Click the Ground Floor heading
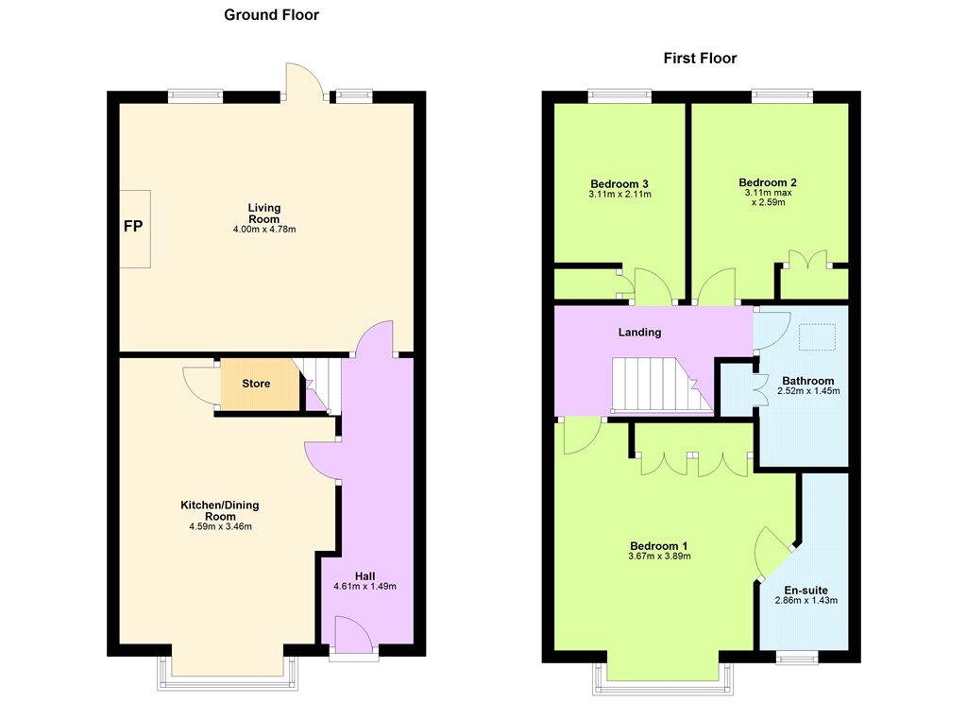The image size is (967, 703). (x=271, y=15)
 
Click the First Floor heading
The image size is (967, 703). (x=700, y=58)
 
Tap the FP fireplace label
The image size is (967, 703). (x=133, y=227)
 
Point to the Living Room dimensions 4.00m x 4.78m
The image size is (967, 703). (x=264, y=230)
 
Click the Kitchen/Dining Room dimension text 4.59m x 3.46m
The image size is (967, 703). (x=220, y=527)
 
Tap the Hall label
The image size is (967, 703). (x=365, y=576)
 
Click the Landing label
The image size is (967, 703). (x=639, y=332)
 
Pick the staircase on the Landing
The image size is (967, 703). (x=662, y=385)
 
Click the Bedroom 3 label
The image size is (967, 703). (x=619, y=184)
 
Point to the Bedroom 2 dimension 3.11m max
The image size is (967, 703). (x=768, y=193)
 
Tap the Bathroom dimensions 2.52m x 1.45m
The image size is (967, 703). (x=808, y=391)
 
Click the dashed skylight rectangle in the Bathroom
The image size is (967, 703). (x=818, y=337)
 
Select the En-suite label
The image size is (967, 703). (x=806, y=590)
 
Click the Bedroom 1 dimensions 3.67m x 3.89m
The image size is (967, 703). (x=659, y=557)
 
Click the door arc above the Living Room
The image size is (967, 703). (x=303, y=80)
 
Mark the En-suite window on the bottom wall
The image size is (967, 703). (x=797, y=657)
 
